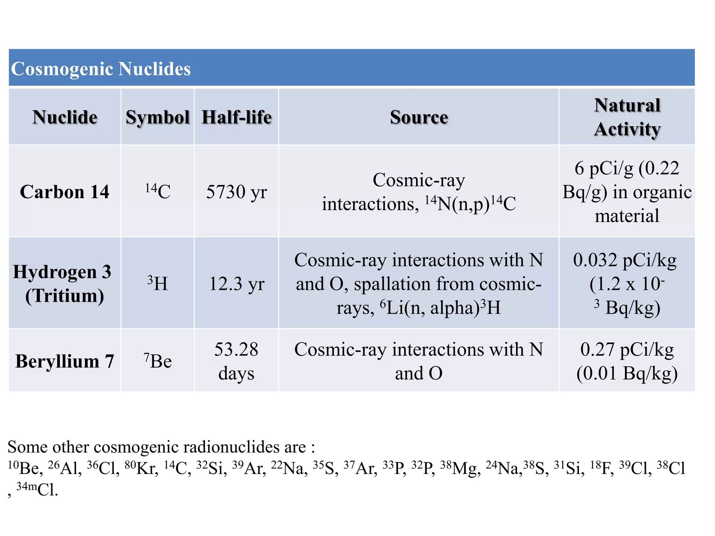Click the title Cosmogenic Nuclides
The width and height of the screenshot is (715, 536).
pos(101,68)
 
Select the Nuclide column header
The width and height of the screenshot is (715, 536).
pos(65,117)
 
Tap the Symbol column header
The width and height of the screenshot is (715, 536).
pos(157,117)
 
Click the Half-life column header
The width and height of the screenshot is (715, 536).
pos(236,117)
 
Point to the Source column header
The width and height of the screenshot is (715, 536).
pos(419,117)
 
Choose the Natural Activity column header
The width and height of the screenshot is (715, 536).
pos(627,117)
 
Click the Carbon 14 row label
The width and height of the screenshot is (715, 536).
pos(65,192)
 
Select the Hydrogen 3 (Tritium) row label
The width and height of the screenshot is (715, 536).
pos(62,283)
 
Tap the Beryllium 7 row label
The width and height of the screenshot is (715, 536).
pos(65,361)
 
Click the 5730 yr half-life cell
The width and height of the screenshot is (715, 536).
pos(236,192)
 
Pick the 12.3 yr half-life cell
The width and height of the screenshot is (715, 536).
pos(236,283)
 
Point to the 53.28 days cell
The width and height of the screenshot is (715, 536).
pos(236,361)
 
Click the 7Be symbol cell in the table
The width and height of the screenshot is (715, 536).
pos(158,361)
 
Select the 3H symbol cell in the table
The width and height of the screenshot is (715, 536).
pos(158,283)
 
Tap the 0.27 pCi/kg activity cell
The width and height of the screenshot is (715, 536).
pos(627,361)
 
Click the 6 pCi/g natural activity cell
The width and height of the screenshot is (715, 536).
pos(627,192)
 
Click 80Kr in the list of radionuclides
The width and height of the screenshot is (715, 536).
pos(141,468)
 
